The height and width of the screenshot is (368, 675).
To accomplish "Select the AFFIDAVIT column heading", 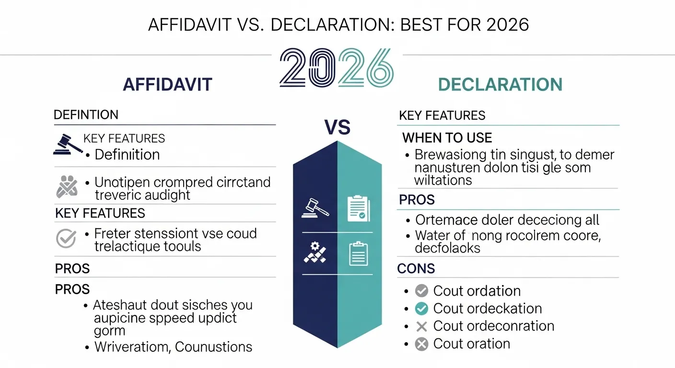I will pyautogui.click(x=167, y=85).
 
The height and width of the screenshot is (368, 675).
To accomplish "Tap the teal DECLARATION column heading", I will pyautogui.click(x=500, y=85).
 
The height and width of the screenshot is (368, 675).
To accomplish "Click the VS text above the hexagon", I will pyautogui.click(x=337, y=127).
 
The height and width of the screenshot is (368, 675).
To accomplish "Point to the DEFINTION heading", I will pyautogui.click(x=86, y=115).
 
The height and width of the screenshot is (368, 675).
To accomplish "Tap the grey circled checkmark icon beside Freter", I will pyautogui.click(x=66, y=239).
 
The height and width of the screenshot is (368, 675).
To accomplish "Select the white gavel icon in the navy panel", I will pyautogui.click(x=315, y=207).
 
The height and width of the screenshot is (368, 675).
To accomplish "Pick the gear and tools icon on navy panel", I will pyautogui.click(x=315, y=253).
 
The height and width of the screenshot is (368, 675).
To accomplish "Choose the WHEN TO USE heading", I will pyautogui.click(x=447, y=138).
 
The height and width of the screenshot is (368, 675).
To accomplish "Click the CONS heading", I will pyautogui.click(x=416, y=269).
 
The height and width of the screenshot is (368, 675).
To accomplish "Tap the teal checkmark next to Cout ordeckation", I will pyautogui.click(x=421, y=309).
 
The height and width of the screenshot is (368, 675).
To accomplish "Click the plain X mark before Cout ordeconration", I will pyautogui.click(x=421, y=326).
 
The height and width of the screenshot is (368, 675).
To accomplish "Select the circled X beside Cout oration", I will pyautogui.click(x=421, y=344).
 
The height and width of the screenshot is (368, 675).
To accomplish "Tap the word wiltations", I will pyautogui.click(x=443, y=180).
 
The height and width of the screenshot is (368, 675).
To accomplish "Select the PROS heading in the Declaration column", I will pyautogui.click(x=417, y=200).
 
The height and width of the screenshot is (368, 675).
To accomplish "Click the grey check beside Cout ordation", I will pyautogui.click(x=421, y=291).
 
